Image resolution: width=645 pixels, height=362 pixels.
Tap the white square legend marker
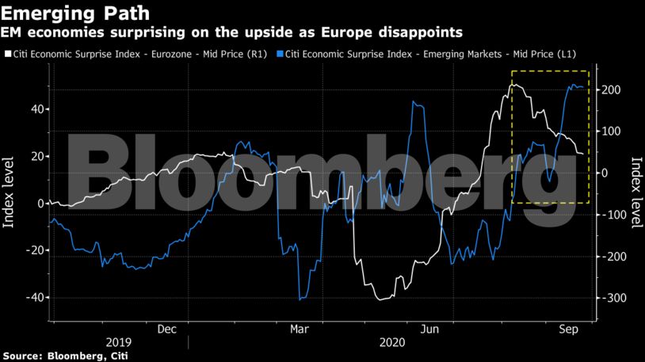[7, 55]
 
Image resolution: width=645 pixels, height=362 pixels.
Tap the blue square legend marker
[279, 55]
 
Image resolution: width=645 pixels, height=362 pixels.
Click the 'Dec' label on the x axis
[166, 329]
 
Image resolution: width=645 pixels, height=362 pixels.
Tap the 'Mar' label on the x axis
[299, 329]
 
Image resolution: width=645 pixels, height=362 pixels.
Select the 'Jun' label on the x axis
[429, 329]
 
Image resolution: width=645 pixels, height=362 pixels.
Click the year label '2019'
[119, 343]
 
